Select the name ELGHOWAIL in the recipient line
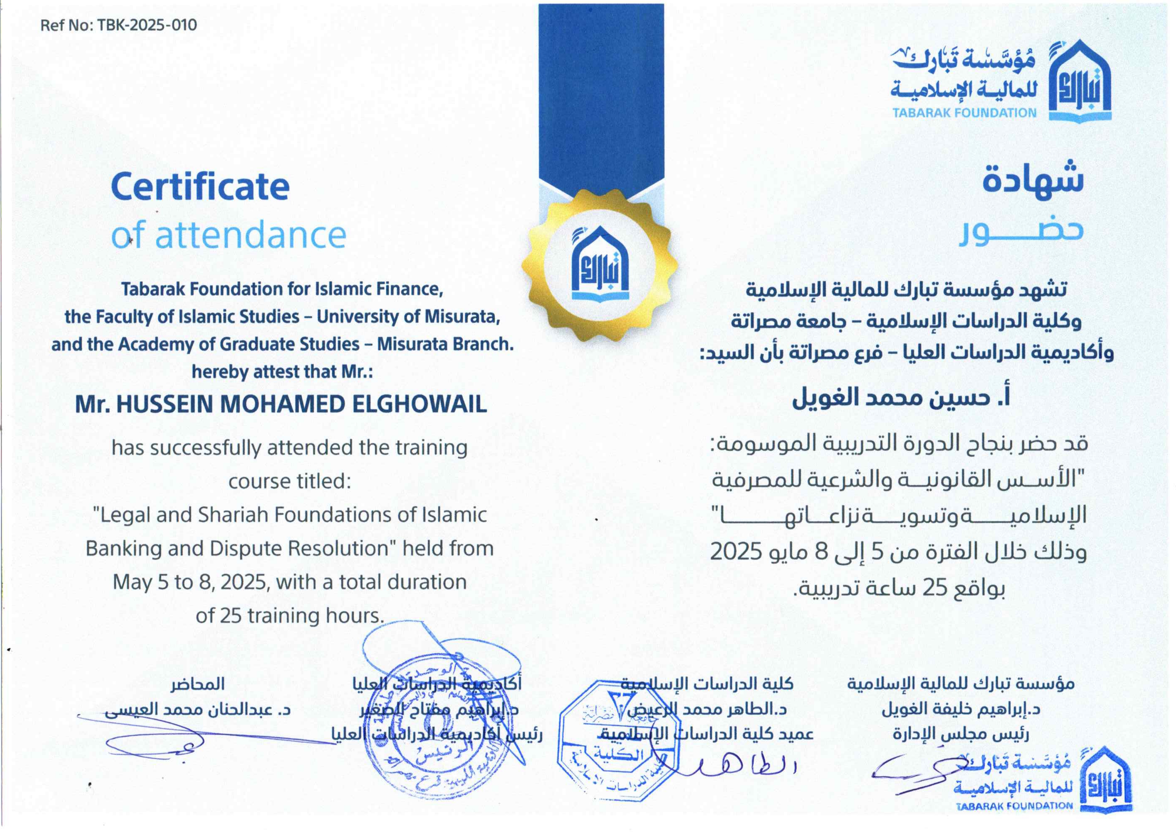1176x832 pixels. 419,405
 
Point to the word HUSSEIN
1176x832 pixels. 164,405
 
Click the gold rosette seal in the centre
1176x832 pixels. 600,265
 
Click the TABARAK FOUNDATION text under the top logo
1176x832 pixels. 964,113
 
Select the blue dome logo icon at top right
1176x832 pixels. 1080,82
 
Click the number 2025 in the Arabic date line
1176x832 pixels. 736,552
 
